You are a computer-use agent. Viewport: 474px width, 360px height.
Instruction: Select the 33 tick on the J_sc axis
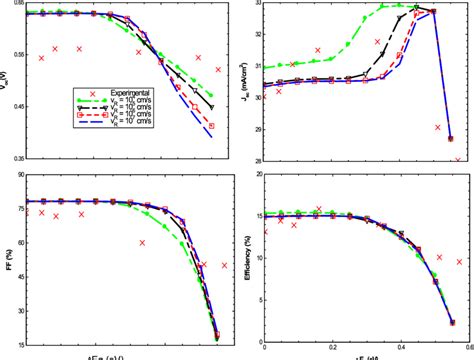(256, 5)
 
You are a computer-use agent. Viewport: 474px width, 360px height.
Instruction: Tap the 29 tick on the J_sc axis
(256, 129)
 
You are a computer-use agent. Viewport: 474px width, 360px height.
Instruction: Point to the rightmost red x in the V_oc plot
(218, 70)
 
